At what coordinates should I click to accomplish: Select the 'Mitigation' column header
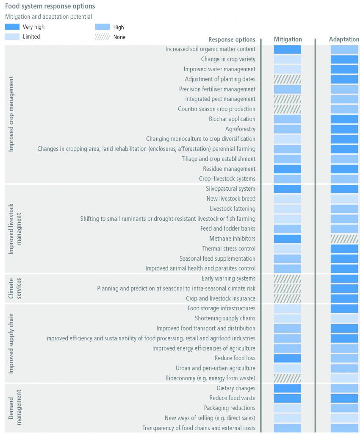pyautogui.click(x=288, y=39)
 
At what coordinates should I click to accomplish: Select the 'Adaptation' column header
pyautogui.click(x=344, y=39)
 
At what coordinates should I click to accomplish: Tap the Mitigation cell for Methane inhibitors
pyautogui.click(x=288, y=239)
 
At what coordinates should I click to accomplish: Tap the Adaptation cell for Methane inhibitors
pyautogui.click(x=344, y=239)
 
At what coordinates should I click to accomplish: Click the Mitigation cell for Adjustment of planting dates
pyautogui.click(x=288, y=79)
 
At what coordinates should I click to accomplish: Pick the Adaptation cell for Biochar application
pyautogui.click(x=344, y=119)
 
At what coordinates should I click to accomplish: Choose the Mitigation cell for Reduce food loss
pyautogui.click(x=288, y=358)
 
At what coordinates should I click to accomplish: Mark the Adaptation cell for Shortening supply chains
pyautogui.click(x=344, y=318)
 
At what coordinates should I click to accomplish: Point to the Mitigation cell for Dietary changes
pyautogui.click(x=288, y=388)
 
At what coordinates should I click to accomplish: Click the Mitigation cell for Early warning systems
pyautogui.click(x=288, y=278)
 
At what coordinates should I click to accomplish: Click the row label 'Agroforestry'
pyautogui.click(x=240, y=129)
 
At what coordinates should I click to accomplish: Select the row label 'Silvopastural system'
pyautogui.click(x=230, y=189)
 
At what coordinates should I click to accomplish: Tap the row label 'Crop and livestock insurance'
pyautogui.click(x=221, y=298)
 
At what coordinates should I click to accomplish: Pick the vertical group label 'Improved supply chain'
pyautogui.click(x=11, y=343)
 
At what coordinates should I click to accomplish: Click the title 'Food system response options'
pyautogui.click(x=50, y=6)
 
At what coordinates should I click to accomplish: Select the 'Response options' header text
pyautogui.click(x=232, y=39)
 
